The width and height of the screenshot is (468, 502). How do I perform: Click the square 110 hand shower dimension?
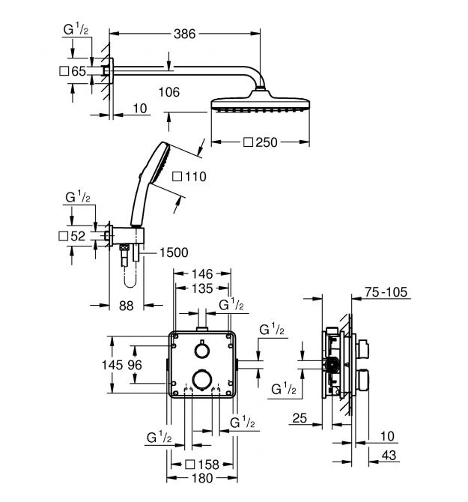pyautogui.click(x=188, y=178)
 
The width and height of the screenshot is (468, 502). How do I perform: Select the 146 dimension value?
pyautogui.click(x=202, y=275)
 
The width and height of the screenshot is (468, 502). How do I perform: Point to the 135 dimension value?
pyautogui.click(x=202, y=288)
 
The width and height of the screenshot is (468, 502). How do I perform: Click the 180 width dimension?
pyautogui.click(x=202, y=478)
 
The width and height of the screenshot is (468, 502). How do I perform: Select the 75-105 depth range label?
pyautogui.click(x=387, y=293)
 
